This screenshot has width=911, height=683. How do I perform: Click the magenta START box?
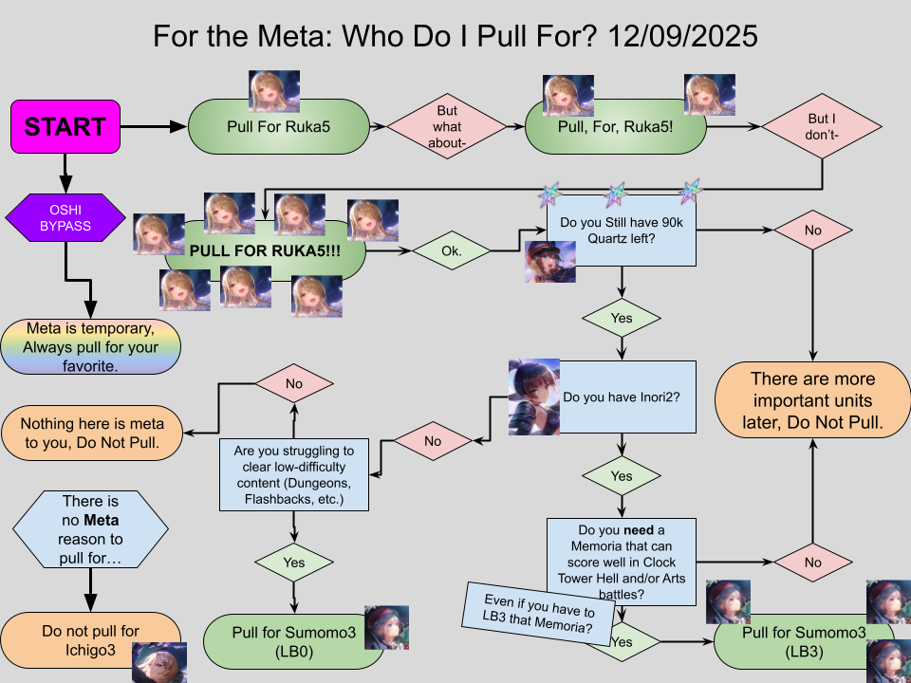click(x=65, y=126)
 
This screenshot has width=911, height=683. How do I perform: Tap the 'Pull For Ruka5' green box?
click(x=278, y=127)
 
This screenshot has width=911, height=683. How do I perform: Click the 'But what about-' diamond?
click(x=446, y=125)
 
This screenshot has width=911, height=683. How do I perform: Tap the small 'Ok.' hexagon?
click(x=452, y=251)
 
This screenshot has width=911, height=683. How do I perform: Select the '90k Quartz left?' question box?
click(x=622, y=231)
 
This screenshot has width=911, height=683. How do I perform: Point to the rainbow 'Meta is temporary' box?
click(x=91, y=346)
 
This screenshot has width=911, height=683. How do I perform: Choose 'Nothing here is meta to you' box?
click(x=92, y=432)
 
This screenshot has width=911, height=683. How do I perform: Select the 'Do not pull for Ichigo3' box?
click(x=90, y=640)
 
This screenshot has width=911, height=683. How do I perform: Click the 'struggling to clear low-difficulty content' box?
click(x=294, y=474)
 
